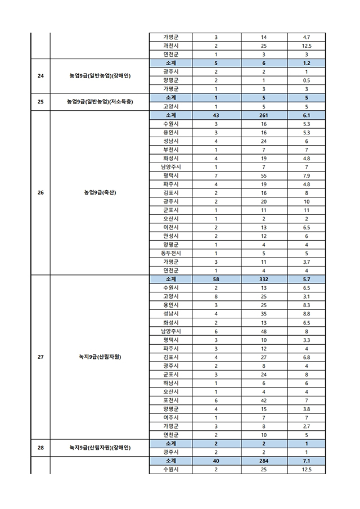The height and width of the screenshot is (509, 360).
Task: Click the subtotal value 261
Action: click(264, 115)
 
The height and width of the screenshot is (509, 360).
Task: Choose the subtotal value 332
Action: click(264, 279)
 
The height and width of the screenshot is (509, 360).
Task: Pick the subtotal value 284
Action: click(264, 460)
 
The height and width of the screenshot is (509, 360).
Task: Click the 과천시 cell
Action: click(171, 46)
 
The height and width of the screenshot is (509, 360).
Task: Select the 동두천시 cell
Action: click(171, 253)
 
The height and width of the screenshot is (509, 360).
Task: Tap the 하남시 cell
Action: click(171, 382)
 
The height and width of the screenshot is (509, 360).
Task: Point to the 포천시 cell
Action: click(171, 400)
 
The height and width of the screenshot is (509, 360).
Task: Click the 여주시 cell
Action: click(171, 417)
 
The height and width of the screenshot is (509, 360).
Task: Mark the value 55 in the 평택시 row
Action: click(264, 175)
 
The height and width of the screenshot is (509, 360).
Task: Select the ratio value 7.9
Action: click(307, 175)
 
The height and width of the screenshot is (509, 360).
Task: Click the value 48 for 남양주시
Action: click(264, 331)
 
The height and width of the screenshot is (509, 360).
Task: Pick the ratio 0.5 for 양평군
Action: click(307, 80)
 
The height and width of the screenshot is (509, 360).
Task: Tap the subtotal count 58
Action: click(216, 279)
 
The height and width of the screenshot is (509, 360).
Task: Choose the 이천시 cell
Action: click(171, 227)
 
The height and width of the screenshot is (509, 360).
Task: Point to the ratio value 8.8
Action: click(307, 314)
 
